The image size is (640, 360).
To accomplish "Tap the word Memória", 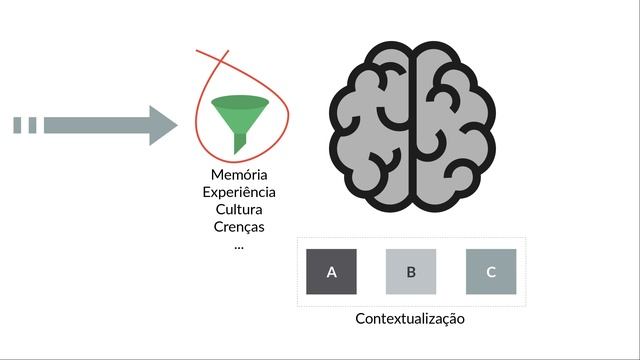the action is click(x=239, y=175).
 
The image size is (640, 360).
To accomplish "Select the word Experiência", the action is click(x=239, y=192).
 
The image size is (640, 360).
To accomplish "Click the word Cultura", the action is click(x=239, y=209).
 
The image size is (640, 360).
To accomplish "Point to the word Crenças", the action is click(x=239, y=227).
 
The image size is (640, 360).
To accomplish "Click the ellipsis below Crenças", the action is click(x=239, y=247).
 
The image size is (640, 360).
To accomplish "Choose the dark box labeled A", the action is click(x=331, y=271).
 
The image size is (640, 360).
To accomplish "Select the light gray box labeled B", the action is click(x=411, y=271).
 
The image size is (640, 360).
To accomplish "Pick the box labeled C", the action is click(x=491, y=271).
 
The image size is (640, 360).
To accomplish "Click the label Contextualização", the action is click(x=410, y=319).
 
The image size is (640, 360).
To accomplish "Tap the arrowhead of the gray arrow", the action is click(x=163, y=125).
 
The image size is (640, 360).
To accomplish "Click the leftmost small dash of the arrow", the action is click(x=17, y=125).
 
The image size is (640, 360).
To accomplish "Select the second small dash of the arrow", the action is click(x=32, y=125).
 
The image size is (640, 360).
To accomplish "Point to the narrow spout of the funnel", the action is click(x=240, y=144).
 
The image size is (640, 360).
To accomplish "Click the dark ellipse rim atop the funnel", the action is click(x=240, y=102).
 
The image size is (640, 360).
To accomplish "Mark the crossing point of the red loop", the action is click(x=220, y=61).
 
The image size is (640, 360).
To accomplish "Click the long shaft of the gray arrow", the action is click(x=97, y=125).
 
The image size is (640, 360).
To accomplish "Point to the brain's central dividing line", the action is click(x=413, y=127).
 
